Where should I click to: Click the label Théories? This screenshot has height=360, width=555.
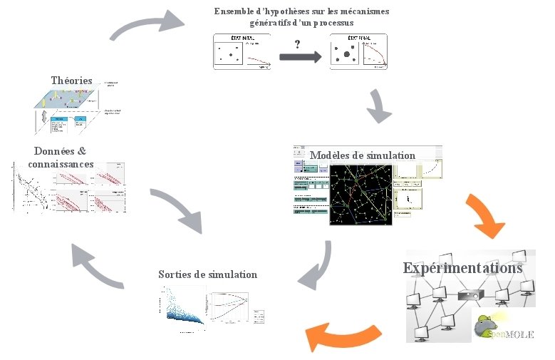coord(71,81)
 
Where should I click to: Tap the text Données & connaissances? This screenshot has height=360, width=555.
coord(61,158)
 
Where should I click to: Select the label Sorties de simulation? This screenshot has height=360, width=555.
coord(207,274)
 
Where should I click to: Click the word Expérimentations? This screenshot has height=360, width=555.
coord(462,268)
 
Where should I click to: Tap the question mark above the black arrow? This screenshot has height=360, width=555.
coord(298,44)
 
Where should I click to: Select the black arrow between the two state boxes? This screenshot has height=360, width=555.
coord(300,58)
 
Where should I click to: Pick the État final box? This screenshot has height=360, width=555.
coord(358,51)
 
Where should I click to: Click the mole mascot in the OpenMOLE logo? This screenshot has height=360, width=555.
coord(488,325)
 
